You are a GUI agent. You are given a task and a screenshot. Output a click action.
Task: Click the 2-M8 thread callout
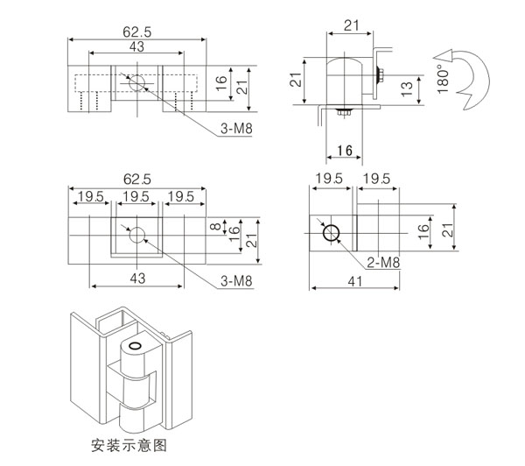(x=384, y=262)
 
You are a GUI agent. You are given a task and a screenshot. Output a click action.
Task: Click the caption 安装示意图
(x=128, y=443)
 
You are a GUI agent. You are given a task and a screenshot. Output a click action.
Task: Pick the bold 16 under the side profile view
(x=345, y=152)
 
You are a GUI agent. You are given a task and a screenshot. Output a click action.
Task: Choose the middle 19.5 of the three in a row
(x=136, y=194)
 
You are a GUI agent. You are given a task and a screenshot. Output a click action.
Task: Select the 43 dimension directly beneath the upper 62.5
(x=137, y=46)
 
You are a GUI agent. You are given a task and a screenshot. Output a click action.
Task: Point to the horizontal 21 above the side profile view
(x=351, y=25)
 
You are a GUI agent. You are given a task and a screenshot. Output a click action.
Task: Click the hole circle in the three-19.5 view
(x=136, y=235)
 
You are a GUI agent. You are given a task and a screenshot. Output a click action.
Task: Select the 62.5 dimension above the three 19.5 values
(x=136, y=178)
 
